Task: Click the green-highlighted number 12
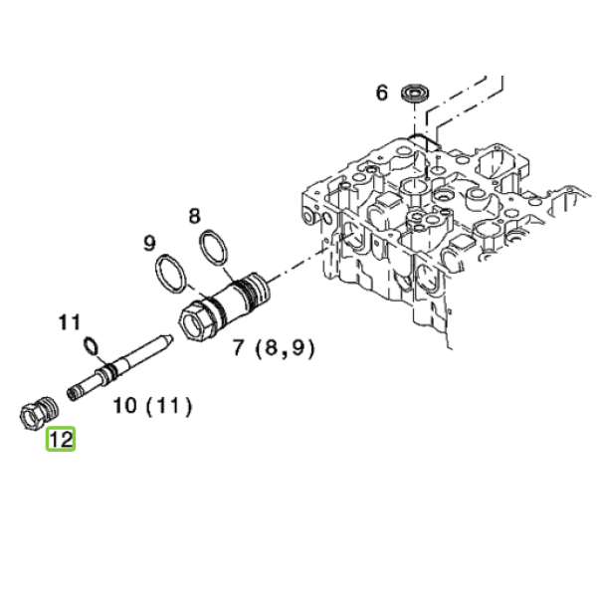(61, 440)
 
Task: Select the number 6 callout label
(382, 93)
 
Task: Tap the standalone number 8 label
(194, 216)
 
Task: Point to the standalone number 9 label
(149, 243)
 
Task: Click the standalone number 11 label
(70, 322)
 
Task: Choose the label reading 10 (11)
(152, 406)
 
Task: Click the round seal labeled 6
(416, 93)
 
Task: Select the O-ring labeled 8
(214, 247)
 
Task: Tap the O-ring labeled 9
(171, 275)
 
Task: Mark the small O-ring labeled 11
(91, 346)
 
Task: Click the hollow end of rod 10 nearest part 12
(73, 394)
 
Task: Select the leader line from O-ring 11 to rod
(102, 360)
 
